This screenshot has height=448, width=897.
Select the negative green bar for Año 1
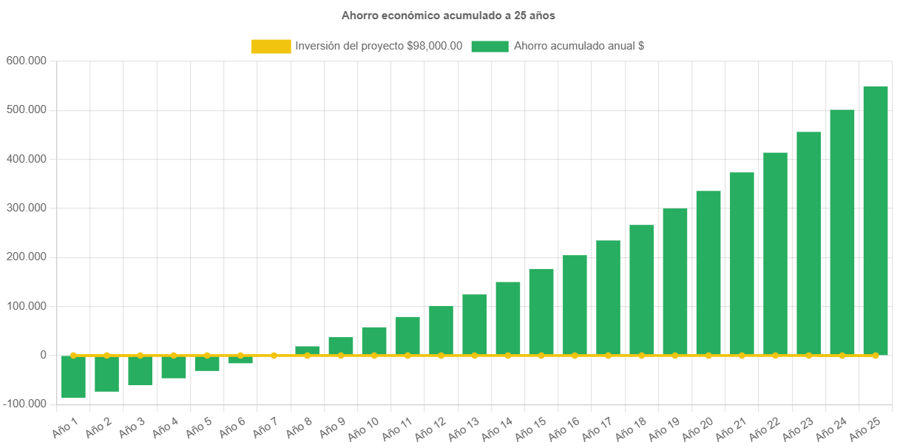coord(73,377)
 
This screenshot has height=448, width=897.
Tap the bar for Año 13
coord(475,325)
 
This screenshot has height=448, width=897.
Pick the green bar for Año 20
coord(708,273)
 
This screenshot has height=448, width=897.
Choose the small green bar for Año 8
coord(307,350)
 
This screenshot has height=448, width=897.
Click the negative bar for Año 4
coord(174,367)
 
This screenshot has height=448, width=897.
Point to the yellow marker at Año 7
coord(274,356)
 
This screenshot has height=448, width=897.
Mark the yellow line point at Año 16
coord(575,356)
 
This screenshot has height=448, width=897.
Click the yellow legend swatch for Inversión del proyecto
coord(271,47)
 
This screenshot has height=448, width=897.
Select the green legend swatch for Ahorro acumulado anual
coord(490,47)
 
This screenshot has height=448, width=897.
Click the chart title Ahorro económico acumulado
coord(448,15)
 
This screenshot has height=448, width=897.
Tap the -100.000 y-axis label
coord(25,404)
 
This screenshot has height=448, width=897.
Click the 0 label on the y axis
coord(44,355)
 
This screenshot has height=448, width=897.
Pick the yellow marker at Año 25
coord(876,356)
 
